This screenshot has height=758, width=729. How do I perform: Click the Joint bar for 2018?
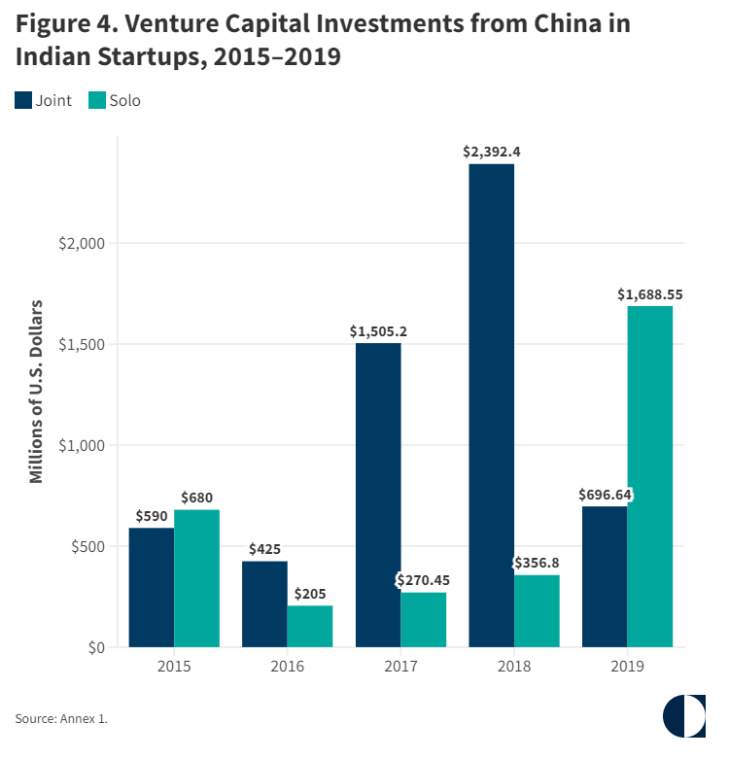pyautogui.click(x=492, y=405)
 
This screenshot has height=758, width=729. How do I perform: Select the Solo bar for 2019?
pyautogui.click(x=650, y=476)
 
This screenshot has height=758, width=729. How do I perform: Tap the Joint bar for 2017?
pyautogui.click(x=378, y=495)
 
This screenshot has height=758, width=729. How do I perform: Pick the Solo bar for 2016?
pyautogui.click(x=310, y=626)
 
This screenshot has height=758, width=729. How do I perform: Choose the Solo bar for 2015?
pyautogui.click(x=197, y=578)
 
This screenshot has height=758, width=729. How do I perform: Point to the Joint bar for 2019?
pyautogui.click(x=605, y=576)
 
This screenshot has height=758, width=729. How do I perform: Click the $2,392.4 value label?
pyautogui.click(x=492, y=152)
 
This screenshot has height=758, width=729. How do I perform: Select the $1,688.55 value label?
pyautogui.click(x=650, y=294)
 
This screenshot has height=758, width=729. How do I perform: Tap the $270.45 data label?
pyautogui.click(x=424, y=580)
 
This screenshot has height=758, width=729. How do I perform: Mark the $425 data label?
pyautogui.click(x=265, y=549)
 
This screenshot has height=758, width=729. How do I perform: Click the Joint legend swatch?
pyautogui.click(x=23, y=100)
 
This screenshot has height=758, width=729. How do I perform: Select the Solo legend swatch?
pyautogui.click(x=97, y=100)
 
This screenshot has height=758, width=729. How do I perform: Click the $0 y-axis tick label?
pyautogui.click(x=94, y=647)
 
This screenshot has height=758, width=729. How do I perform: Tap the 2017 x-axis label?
pyautogui.click(x=401, y=667)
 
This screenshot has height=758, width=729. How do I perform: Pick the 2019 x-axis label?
pyautogui.click(x=628, y=667)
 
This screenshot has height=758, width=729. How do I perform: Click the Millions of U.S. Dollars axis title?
pyautogui.click(x=37, y=392)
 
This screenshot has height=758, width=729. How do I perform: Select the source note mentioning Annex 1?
pyautogui.click(x=61, y=718)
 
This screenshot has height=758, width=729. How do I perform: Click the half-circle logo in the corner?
pyautogui.click(x=684, y=716)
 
